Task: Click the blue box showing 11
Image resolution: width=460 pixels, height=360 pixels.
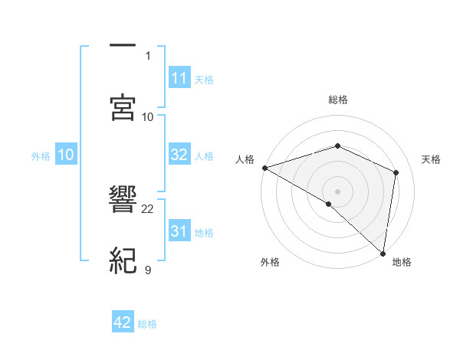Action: tap(179, 77)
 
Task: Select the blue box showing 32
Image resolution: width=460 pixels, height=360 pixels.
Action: tap(179, 155)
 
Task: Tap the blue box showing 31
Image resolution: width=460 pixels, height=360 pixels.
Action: tap(179, 231)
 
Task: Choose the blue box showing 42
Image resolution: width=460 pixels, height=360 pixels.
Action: tap(123, 322)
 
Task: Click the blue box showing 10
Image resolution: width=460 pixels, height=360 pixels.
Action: tap(66, 155)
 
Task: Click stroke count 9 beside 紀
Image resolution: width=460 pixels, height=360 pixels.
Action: tap(148, 269)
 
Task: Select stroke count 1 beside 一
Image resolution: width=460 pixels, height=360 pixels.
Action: tap(148, 55)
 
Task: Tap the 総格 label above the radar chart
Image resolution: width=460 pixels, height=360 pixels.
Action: tap(338, 100)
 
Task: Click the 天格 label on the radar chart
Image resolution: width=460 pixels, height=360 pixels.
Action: tap(431, 159)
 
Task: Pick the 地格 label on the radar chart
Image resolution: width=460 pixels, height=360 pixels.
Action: tap(402, 263)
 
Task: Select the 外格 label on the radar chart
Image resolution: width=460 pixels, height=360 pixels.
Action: tap(270, 263)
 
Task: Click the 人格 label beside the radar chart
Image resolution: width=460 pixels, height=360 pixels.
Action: tap(245, 159)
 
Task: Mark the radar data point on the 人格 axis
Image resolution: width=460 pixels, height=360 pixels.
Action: tap(264, 168)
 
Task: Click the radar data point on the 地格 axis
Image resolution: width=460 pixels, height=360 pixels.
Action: tap(383, 253)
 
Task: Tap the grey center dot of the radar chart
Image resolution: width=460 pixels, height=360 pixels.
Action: tap(338, 191)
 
